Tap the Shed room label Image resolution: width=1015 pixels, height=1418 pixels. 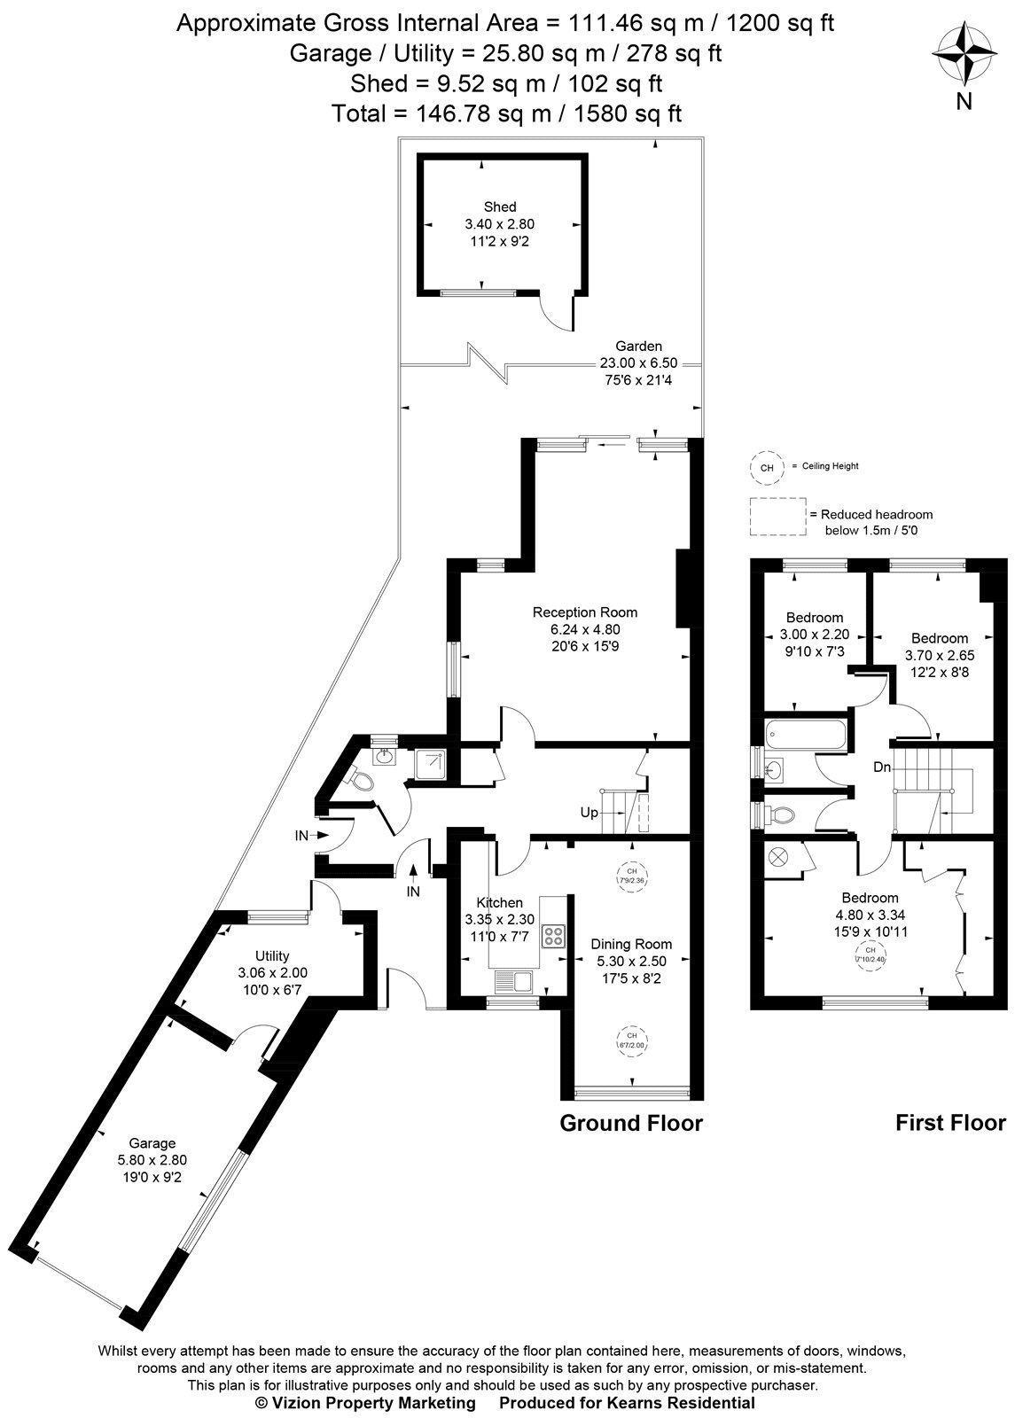[x=499, y=206]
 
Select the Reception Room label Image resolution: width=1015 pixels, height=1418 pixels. [x=584, y=612]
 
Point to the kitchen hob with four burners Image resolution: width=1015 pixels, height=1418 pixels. [x=555, y=936]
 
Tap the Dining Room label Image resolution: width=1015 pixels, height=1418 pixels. [x=631, y=944]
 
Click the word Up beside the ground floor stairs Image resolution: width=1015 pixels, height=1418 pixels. [x=589, y=813]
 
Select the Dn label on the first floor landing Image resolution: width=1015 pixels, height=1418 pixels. [x=881, y=767]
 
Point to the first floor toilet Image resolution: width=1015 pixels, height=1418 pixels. [x=780, y=812]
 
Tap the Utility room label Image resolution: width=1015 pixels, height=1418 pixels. [x=272, y=955]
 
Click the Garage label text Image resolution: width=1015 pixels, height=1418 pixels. [x=152, y=1143]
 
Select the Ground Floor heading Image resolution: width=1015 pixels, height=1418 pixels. [x=630, y=1124]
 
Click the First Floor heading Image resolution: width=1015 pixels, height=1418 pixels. [x=950, y=1124]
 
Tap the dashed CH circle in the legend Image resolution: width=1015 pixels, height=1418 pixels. [x=768, y=467]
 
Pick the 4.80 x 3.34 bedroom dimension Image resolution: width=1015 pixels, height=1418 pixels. [x=870, y=915]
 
